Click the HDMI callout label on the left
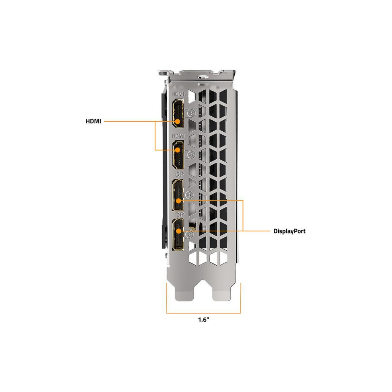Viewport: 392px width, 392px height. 93,121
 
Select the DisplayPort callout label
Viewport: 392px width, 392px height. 289,231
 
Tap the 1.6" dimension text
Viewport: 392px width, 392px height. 204,320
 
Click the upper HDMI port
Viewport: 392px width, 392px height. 178,113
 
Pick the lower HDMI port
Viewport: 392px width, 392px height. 178,155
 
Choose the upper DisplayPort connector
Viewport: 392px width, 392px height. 178,195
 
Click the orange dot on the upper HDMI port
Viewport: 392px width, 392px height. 178,121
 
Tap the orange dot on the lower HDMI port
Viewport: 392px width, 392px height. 178,150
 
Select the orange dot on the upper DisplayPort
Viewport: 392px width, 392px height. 178,201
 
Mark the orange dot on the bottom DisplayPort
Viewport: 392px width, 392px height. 178,231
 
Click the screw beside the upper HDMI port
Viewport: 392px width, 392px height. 191,113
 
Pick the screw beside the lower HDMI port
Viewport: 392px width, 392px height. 191,155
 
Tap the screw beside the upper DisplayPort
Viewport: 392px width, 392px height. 189,194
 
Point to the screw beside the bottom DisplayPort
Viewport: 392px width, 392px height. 190,234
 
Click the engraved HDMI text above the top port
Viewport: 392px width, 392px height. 178,94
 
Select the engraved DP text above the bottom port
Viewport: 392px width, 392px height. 180,214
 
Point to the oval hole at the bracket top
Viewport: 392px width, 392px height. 203,77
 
